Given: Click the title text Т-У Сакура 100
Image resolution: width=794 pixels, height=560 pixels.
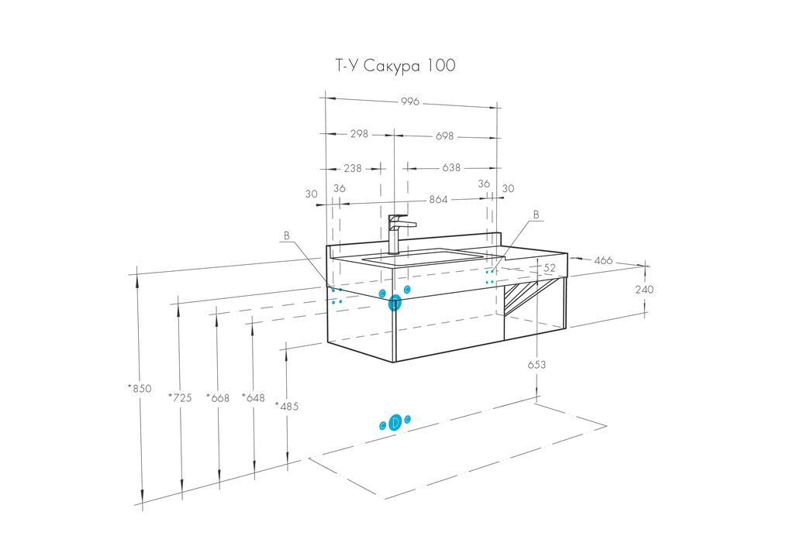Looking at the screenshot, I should (395, 66).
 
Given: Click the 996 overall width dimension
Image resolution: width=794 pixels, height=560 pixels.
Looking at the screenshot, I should (409, 101).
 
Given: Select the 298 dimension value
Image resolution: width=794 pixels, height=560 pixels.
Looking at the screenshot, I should (358, 134).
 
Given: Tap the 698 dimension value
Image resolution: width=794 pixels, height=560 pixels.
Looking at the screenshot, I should (444, 135).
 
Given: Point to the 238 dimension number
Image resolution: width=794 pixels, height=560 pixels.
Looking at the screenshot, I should (352, 167).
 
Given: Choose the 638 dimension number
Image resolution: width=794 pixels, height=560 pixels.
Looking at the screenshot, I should (451, 167).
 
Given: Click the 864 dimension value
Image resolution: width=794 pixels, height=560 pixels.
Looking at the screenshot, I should (439, 199).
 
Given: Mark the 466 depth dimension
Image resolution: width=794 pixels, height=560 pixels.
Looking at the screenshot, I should (603, 260).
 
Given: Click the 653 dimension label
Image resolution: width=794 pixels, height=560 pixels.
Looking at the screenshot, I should (537, 364).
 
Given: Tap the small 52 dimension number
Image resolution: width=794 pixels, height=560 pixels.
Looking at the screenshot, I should (550, 268).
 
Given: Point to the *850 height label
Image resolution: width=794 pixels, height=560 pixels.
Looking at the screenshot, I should (140, 388).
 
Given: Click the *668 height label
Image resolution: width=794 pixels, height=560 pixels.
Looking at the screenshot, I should (218, 397).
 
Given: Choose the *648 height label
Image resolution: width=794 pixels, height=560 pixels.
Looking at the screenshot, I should (253, 397).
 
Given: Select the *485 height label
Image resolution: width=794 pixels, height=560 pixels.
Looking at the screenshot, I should (287, 406).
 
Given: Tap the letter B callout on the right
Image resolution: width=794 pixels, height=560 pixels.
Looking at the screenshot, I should (536, 214).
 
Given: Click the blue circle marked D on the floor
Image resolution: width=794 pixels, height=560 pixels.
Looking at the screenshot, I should (395, 422).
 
